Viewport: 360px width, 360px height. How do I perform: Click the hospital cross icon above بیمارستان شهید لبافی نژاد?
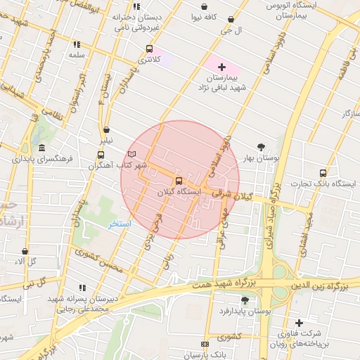[222, 65]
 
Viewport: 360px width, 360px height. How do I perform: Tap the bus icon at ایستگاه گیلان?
[177, 181]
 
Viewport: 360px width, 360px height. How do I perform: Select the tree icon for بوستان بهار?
[262, 148]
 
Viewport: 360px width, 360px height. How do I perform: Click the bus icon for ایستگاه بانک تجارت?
[323, 173]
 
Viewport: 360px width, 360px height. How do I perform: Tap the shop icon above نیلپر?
[106, 129]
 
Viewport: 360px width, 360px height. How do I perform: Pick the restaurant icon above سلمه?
[76, 44]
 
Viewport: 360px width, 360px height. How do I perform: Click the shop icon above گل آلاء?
[25, 251]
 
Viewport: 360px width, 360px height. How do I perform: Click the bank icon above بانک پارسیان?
[205, 344]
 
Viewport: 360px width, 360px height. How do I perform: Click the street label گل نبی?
[32, 282]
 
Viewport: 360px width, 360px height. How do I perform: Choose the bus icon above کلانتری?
[148, 49]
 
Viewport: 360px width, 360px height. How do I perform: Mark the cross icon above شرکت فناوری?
[299, 323]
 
